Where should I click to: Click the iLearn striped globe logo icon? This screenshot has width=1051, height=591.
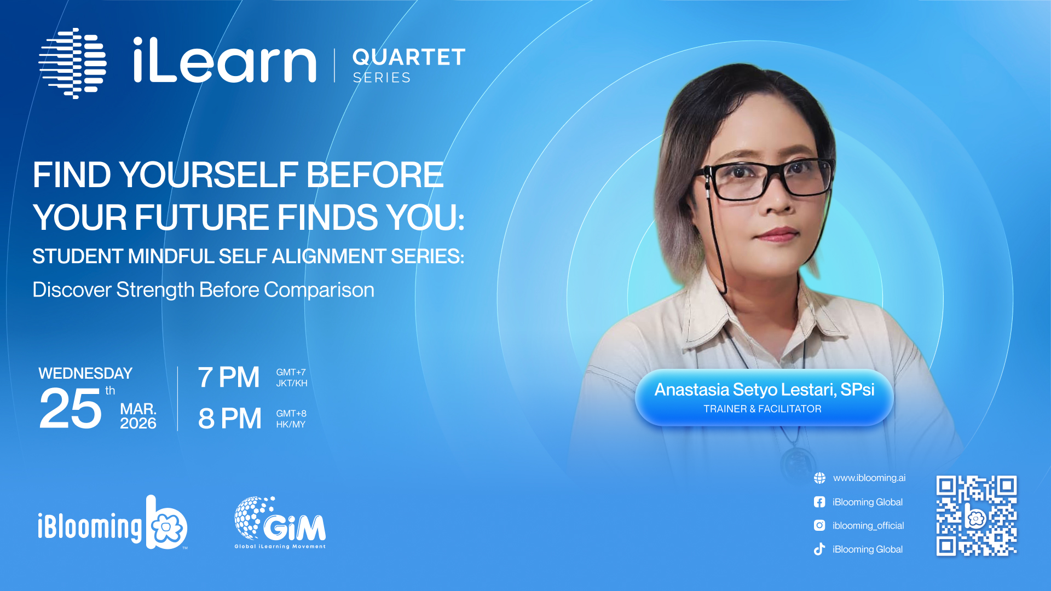(72, 63)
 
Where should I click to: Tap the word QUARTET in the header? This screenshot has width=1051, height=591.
(409, 57)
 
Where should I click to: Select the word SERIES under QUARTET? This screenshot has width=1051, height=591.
(382, 78)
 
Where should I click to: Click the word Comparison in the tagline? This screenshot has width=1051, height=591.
(319, 290)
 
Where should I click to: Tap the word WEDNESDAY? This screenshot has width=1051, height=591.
(85, 373)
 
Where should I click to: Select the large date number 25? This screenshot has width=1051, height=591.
(71, 408)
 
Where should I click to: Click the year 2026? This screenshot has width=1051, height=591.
(138, 423)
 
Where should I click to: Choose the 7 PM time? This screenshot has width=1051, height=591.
(229, 378)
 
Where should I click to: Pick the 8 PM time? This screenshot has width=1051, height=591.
(230, 419)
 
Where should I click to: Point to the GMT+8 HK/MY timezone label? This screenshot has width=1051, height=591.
(291, 419)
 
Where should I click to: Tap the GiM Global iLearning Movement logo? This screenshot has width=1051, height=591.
(280, 523)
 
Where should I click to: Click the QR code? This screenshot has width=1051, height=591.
(977, 515)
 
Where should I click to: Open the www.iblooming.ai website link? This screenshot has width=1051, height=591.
(869, 478)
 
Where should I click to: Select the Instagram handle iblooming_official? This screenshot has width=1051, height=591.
(868, 525)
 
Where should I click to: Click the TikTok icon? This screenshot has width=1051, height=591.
(819, 549)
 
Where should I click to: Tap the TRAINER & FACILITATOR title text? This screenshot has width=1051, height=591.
(763, 409)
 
